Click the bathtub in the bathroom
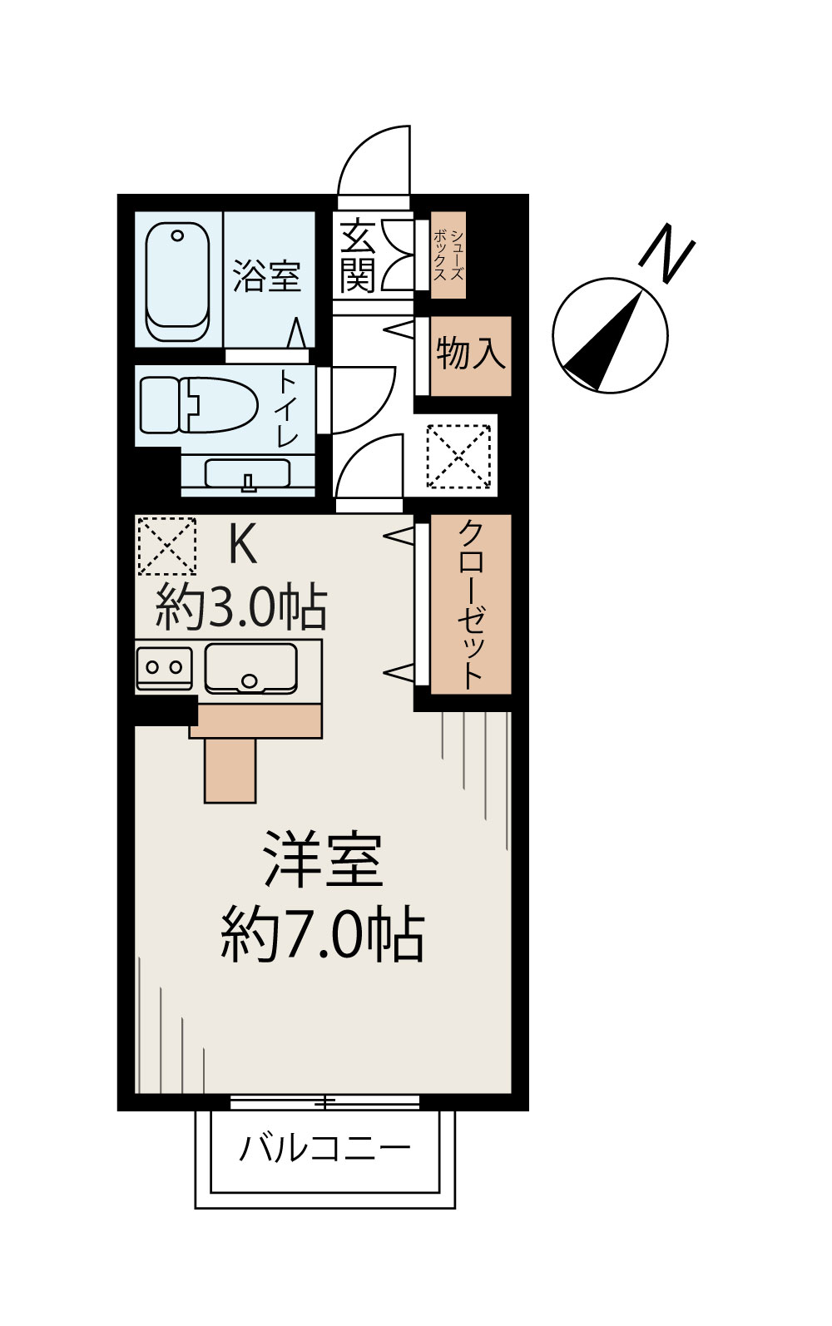(x=177, y=283)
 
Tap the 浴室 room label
(x=266, y=275)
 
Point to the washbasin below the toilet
(x=247, y=475)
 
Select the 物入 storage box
(x=471, y=354)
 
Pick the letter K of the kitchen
(x=241, y=547)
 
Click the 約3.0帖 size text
(x=241, y=609)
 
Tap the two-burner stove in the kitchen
(x=164, y=667)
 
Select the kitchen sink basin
(x=250, y=667)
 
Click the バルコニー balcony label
(x=325, y=1150)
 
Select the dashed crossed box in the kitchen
(x=166, y=546)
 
